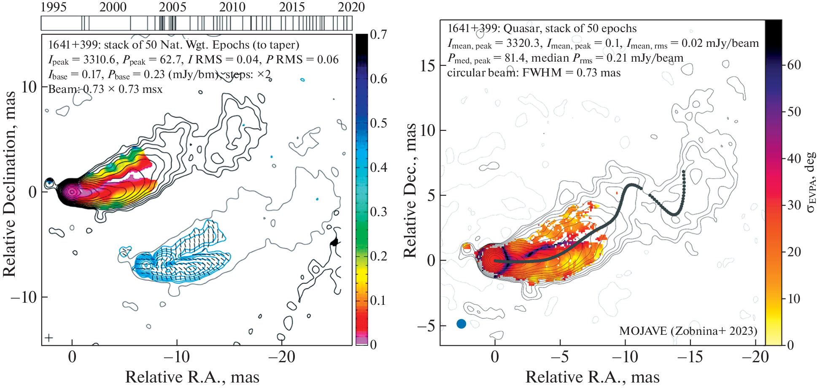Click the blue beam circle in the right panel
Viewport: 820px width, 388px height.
tap(461, 324)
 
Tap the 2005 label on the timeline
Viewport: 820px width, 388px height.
tap(173, 7)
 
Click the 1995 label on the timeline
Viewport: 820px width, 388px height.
tap(54, 7)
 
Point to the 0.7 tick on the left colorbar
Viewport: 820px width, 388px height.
tap(378, 35)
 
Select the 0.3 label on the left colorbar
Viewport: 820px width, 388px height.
tap(378, 212)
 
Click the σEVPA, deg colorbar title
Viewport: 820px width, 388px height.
tap(810, 182)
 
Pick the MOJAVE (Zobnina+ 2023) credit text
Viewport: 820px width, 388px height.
tap(688, 331)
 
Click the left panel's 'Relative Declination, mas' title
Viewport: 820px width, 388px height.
tap(10, 184)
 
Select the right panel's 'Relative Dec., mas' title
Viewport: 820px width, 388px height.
tap(410, 191)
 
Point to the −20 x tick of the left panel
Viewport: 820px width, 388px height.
tap(281, 357)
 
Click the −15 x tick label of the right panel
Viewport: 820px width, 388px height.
tap(690, 357)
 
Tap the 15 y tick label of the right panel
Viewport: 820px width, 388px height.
tap(427, 66)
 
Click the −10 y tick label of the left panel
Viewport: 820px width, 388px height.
tap(24, 297)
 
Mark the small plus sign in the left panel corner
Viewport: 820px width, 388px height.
tap(49, 337)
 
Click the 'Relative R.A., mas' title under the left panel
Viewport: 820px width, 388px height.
tap(192, 377)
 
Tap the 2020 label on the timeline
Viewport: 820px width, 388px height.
tap(351, 7)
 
